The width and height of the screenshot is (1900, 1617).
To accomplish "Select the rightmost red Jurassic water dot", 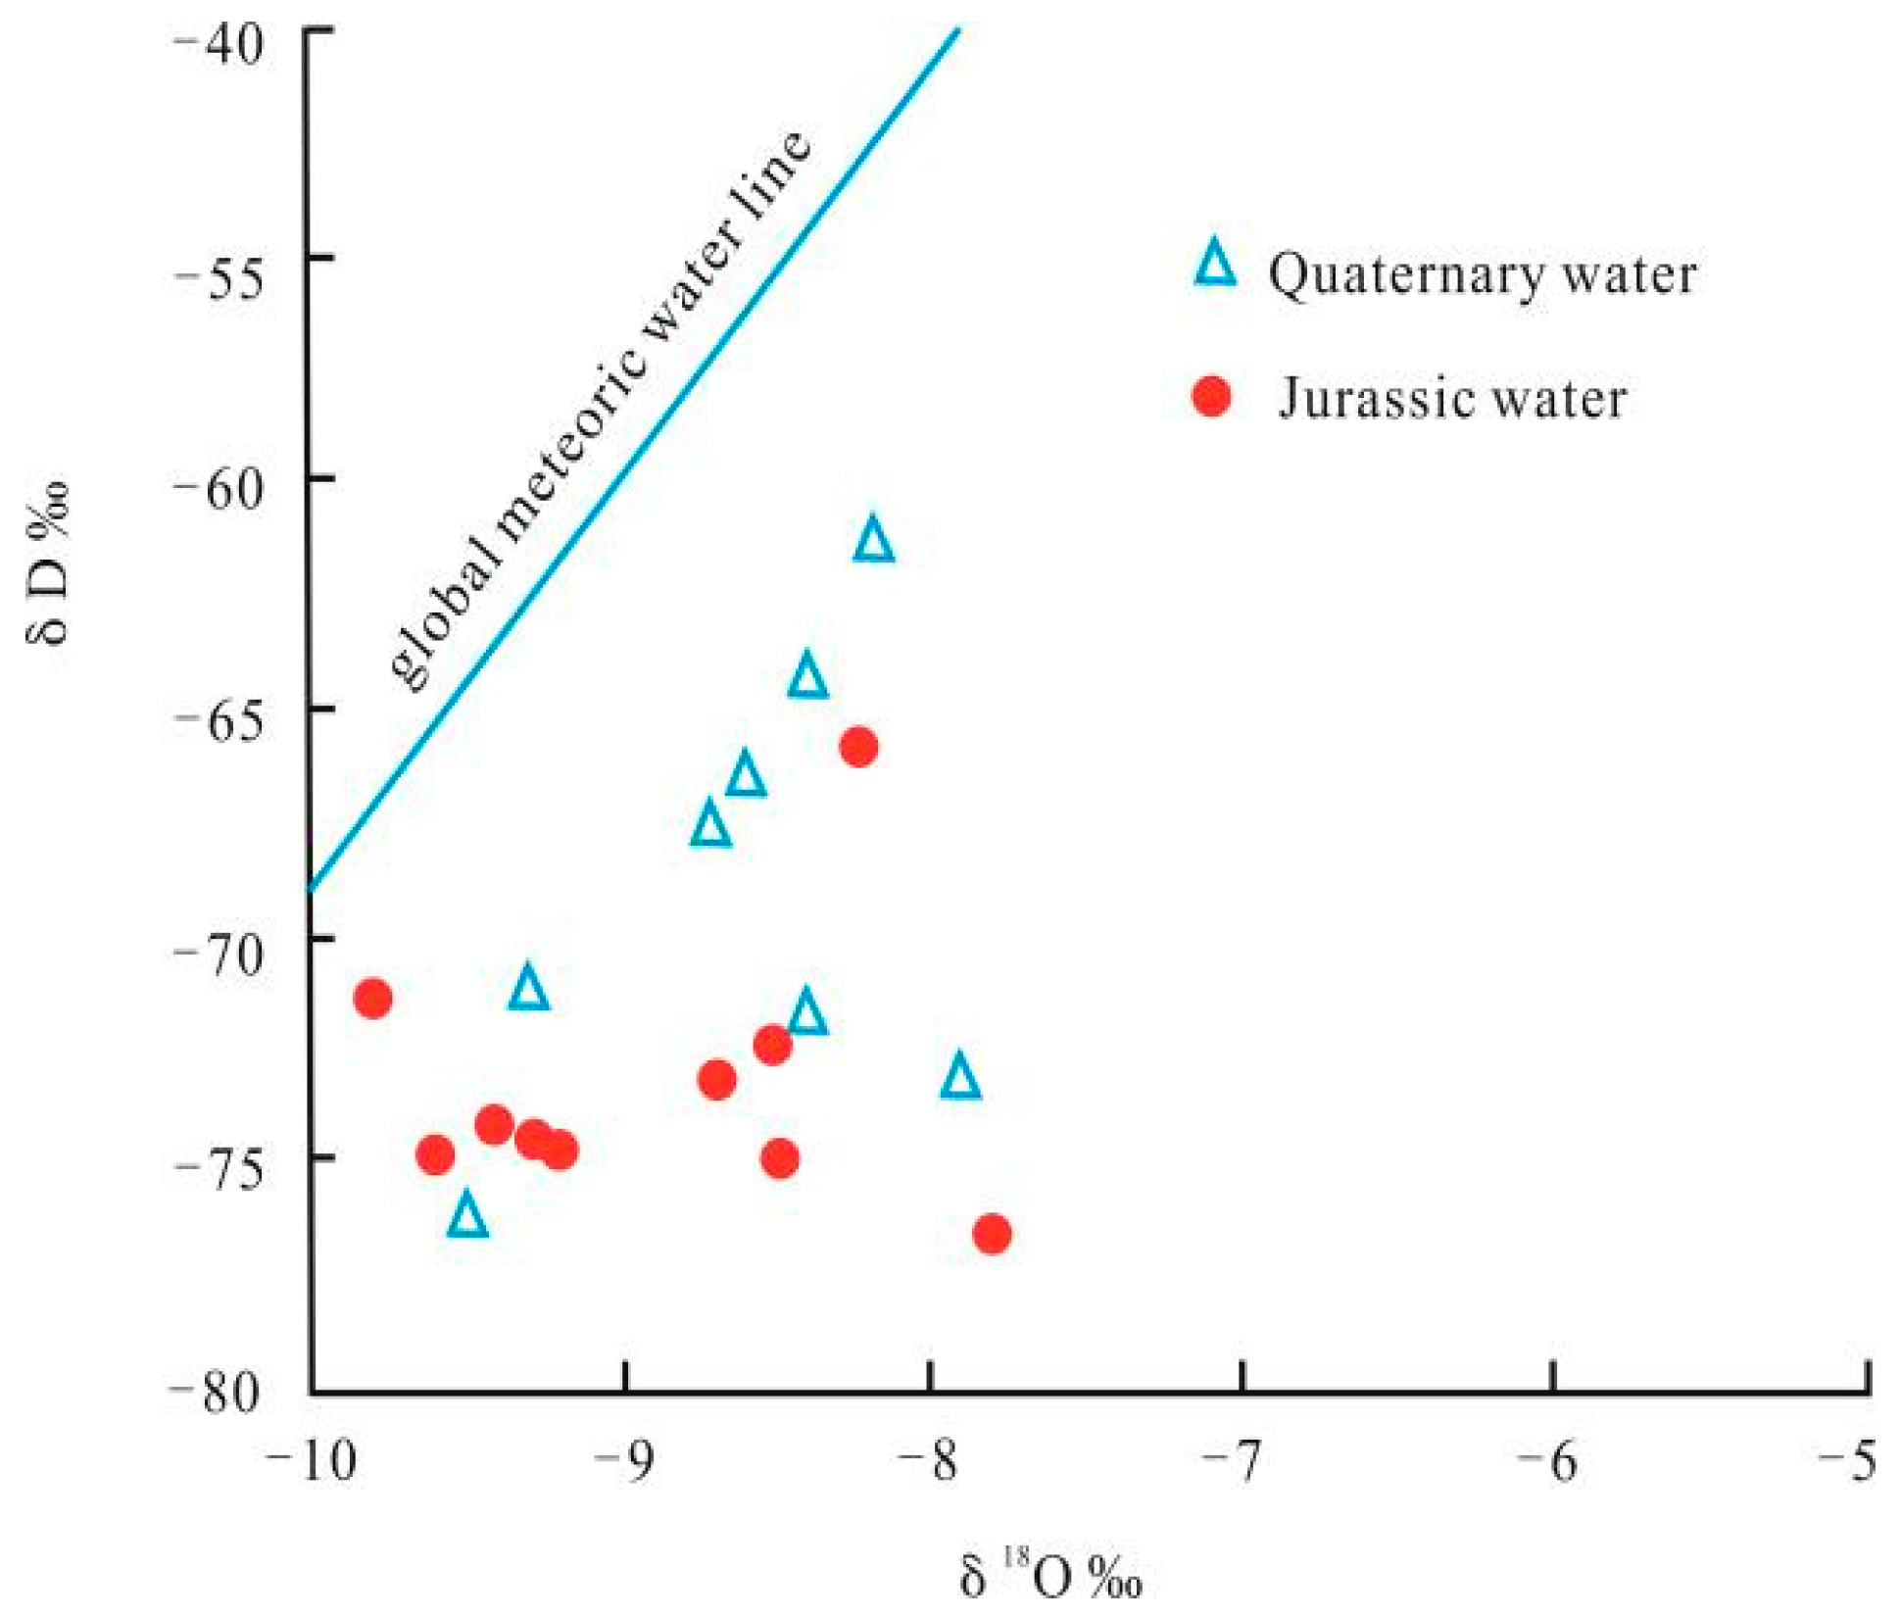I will pyautogui.click(x=992, y=1233).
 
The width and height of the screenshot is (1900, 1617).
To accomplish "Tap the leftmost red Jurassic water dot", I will pyautogui.click(x=372, y=999).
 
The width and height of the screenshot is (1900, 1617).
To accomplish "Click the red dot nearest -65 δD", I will pyautogui.click(x=858, y=748).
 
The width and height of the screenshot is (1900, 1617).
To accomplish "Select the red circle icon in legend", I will pyautogui.click(x=1211, y=396).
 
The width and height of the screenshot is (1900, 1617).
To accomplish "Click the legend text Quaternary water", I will pyautogui.click(x=1482, y=274).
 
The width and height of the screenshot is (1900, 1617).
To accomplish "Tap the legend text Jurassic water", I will pyautogui.click(x=1452, y=399).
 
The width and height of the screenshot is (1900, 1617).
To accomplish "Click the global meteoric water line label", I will pyautogui.click(x=600, y=412).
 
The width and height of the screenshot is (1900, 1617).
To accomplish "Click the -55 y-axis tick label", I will pyautogui.click(x=220, y=279).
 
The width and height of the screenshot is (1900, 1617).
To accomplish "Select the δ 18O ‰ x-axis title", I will pyautogui.click(x=1050, y=1578).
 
